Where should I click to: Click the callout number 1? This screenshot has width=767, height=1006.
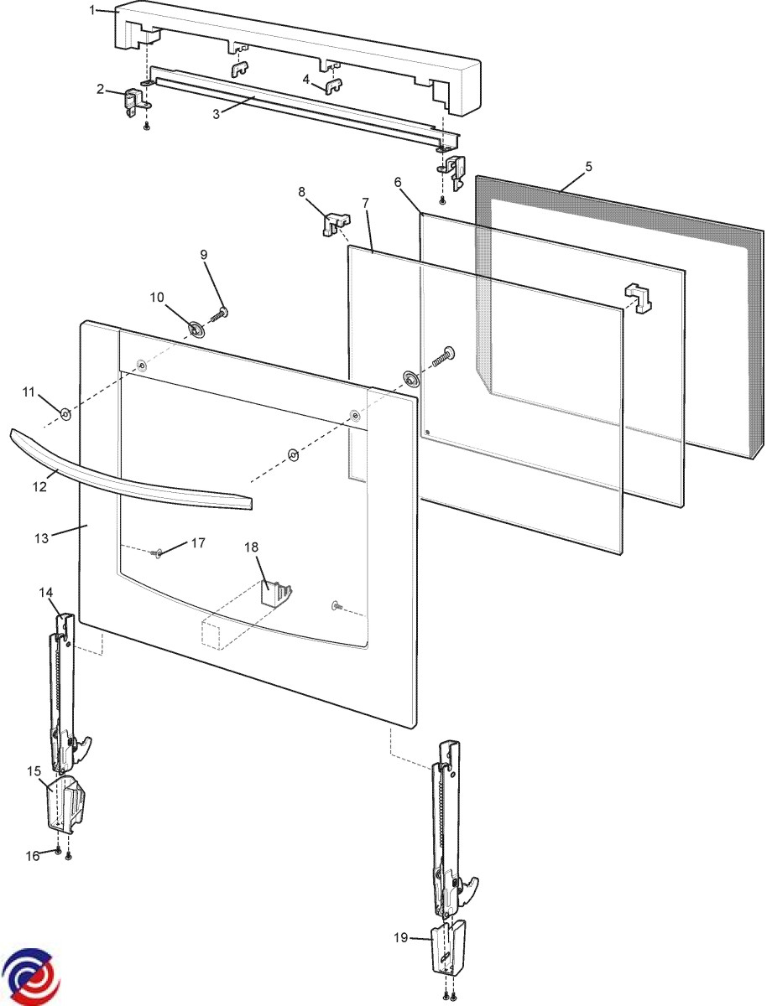click(x=92, y=10)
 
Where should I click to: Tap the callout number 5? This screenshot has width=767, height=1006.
click(x=588, y=166)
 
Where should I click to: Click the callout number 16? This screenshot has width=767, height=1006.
click(x=34, y=856)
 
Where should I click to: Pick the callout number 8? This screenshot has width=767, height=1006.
click(x=302, y=192)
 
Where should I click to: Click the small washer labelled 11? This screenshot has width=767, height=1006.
click(x=65, y=413)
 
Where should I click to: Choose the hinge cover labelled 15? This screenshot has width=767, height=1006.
click(x=67, y=802)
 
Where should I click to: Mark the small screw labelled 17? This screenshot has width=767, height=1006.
click(x=157, y=553)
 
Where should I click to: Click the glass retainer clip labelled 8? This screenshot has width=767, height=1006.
click(x=333, y=225)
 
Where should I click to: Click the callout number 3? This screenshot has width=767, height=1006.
click(x=216, y=113)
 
